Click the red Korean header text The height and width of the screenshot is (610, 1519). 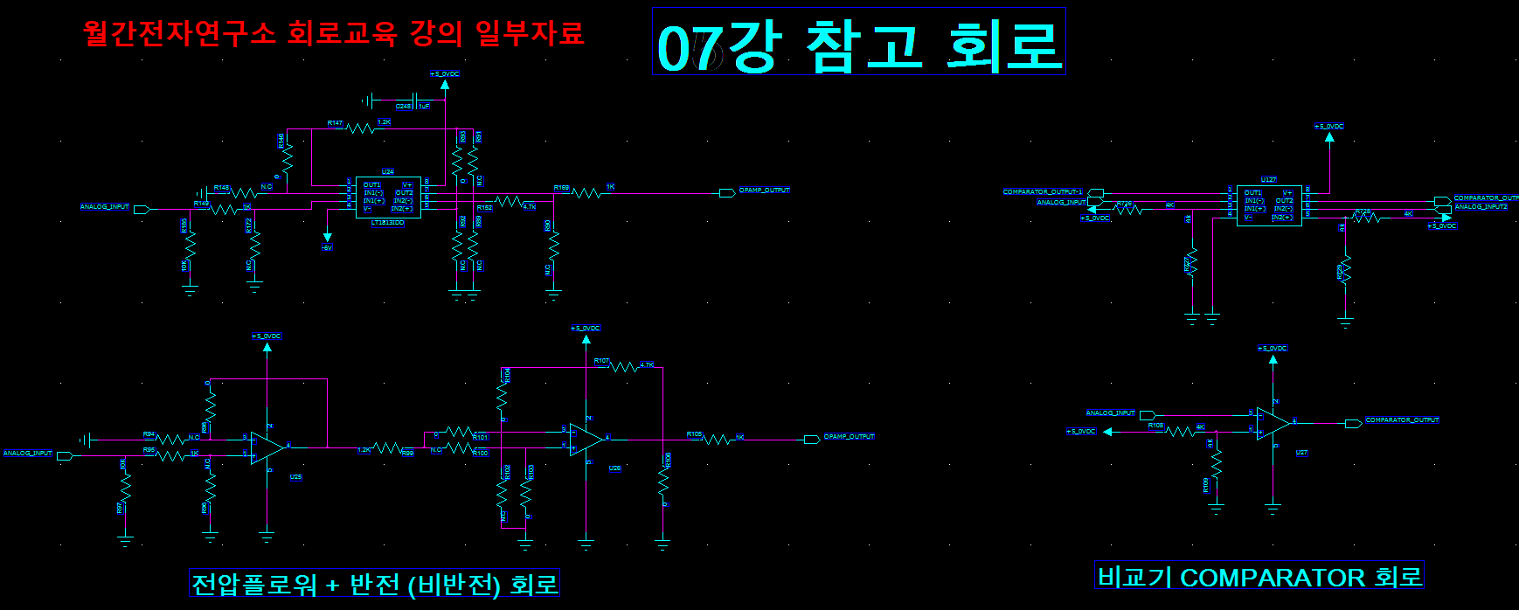333,33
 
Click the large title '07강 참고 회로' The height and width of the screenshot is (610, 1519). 858,44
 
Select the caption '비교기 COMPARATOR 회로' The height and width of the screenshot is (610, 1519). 1259,577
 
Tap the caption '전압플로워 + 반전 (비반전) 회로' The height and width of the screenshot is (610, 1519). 374,584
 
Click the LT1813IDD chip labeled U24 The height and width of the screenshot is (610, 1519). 388,197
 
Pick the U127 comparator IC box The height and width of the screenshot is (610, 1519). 1268,204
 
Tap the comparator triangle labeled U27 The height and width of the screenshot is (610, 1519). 1273,424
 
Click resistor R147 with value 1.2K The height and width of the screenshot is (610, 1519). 360,128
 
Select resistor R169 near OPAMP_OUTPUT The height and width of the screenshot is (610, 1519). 586,193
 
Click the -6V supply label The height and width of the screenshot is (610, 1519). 327,248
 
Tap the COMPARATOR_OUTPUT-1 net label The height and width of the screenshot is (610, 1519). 1043,192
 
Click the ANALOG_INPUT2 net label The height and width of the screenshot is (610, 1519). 1481,207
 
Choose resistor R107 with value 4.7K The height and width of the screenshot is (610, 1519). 623,367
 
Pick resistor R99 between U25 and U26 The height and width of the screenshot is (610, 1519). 386,447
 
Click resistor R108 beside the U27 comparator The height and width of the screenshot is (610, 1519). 1181,431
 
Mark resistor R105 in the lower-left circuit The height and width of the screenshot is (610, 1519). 717,440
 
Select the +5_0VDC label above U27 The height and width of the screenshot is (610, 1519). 1273,349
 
